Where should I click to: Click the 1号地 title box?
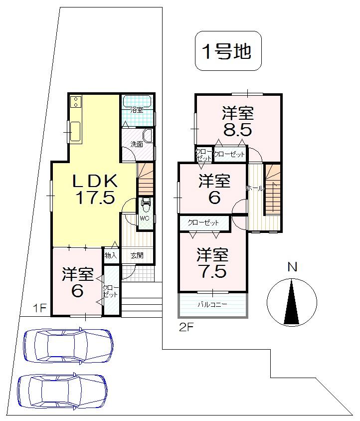227,51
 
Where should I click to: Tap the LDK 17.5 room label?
95,189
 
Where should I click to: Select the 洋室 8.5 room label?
237,121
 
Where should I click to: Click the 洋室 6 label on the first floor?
77,282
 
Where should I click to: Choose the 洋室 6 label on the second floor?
214,189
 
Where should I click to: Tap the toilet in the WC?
146,204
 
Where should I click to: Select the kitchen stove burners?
76,102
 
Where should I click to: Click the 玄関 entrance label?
137,255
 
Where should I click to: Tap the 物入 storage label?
111,255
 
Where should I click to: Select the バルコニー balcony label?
212,304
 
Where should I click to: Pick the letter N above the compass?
292,267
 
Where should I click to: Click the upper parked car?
68,345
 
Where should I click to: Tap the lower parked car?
62,392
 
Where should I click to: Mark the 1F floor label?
40,308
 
